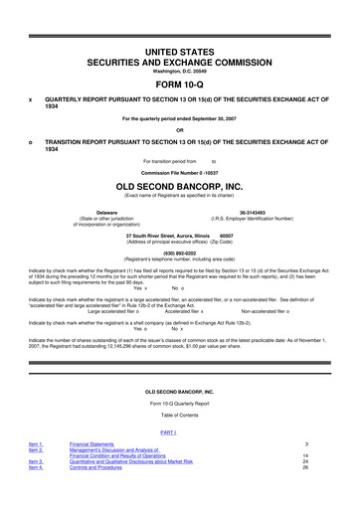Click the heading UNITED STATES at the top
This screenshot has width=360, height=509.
click(x=180, y=49)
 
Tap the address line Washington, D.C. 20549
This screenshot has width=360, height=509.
click(x=180, y=71)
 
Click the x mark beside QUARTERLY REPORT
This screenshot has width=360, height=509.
click(x=31, y=100)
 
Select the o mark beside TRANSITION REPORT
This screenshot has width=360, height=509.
click(x=31, y=140)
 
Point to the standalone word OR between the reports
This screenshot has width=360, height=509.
click(x=180, y=129)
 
